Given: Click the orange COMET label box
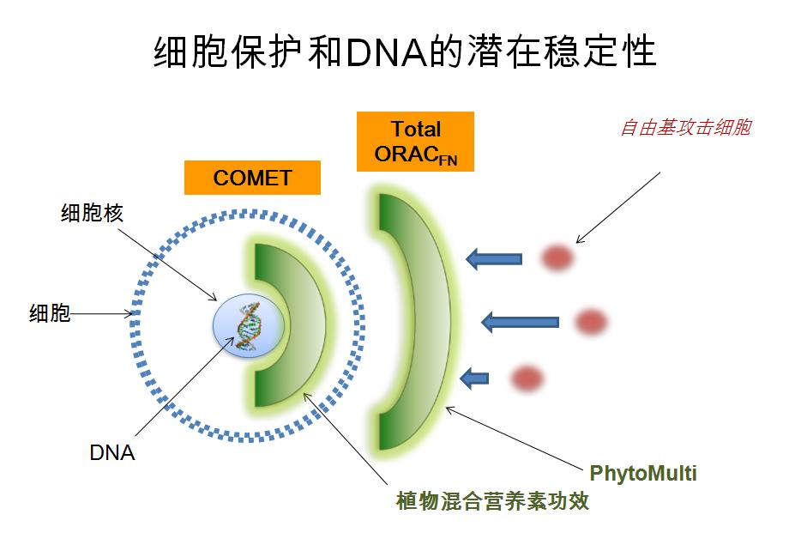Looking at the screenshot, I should pyautogui.click(x=252, y=179).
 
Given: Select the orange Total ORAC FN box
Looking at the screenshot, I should pyautogui.click(x=416, y=142).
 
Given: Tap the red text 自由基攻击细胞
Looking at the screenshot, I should pyautogui.click(x=685, y=128).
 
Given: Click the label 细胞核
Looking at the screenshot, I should pyautogui.click(x=92, y=213).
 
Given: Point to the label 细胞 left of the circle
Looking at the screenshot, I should pyautogui.click(x=50, y=314).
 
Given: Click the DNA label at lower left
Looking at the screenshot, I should pyautogui.click(x=112, y=452).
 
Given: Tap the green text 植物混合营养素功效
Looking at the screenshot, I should pyautogui.click(x=492, y=501).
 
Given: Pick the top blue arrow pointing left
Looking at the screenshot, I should pyautogui.click(x=494, y=258).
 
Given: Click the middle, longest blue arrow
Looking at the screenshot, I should pyautogui.click(x=520, y=323).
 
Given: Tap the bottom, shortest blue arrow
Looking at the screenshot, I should pyautogui.click(x=474, y=377).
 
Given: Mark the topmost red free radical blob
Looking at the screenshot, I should pyautogui.click(x=557, y=257).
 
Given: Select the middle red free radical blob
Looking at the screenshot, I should pyautogui.click(x=590, y=322).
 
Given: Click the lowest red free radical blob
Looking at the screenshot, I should pyautogui.click(x=527, y=377).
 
